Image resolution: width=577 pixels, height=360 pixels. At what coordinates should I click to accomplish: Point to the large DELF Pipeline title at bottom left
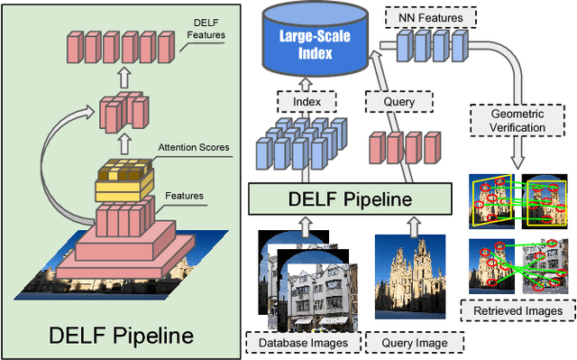[120, 337]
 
